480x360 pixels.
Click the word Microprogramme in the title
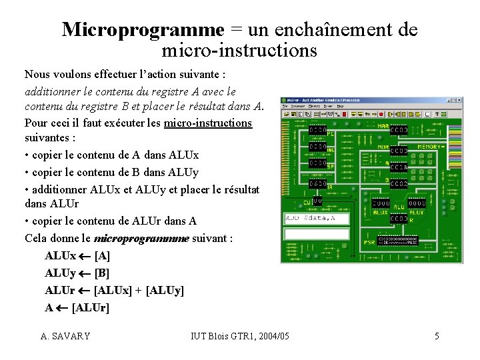143,29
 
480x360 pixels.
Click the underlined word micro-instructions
208,123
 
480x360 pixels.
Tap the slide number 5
437,336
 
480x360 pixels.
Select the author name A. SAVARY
65,336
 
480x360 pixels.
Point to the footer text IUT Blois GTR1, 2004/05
240,336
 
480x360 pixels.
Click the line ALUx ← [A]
77,256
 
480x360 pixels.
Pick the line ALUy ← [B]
77,273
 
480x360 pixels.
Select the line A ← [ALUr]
77,308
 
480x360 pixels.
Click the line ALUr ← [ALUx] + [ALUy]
114,291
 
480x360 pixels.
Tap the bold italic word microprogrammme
142,239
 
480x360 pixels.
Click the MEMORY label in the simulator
429,147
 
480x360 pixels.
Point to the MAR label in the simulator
384,125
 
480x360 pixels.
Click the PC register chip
317,130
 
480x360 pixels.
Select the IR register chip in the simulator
317,183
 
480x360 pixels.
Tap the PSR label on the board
369,242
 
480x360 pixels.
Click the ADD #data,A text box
317,218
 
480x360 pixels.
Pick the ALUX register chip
381,203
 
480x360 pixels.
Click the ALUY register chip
417,203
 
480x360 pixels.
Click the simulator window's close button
458,101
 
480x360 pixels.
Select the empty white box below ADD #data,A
317,234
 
